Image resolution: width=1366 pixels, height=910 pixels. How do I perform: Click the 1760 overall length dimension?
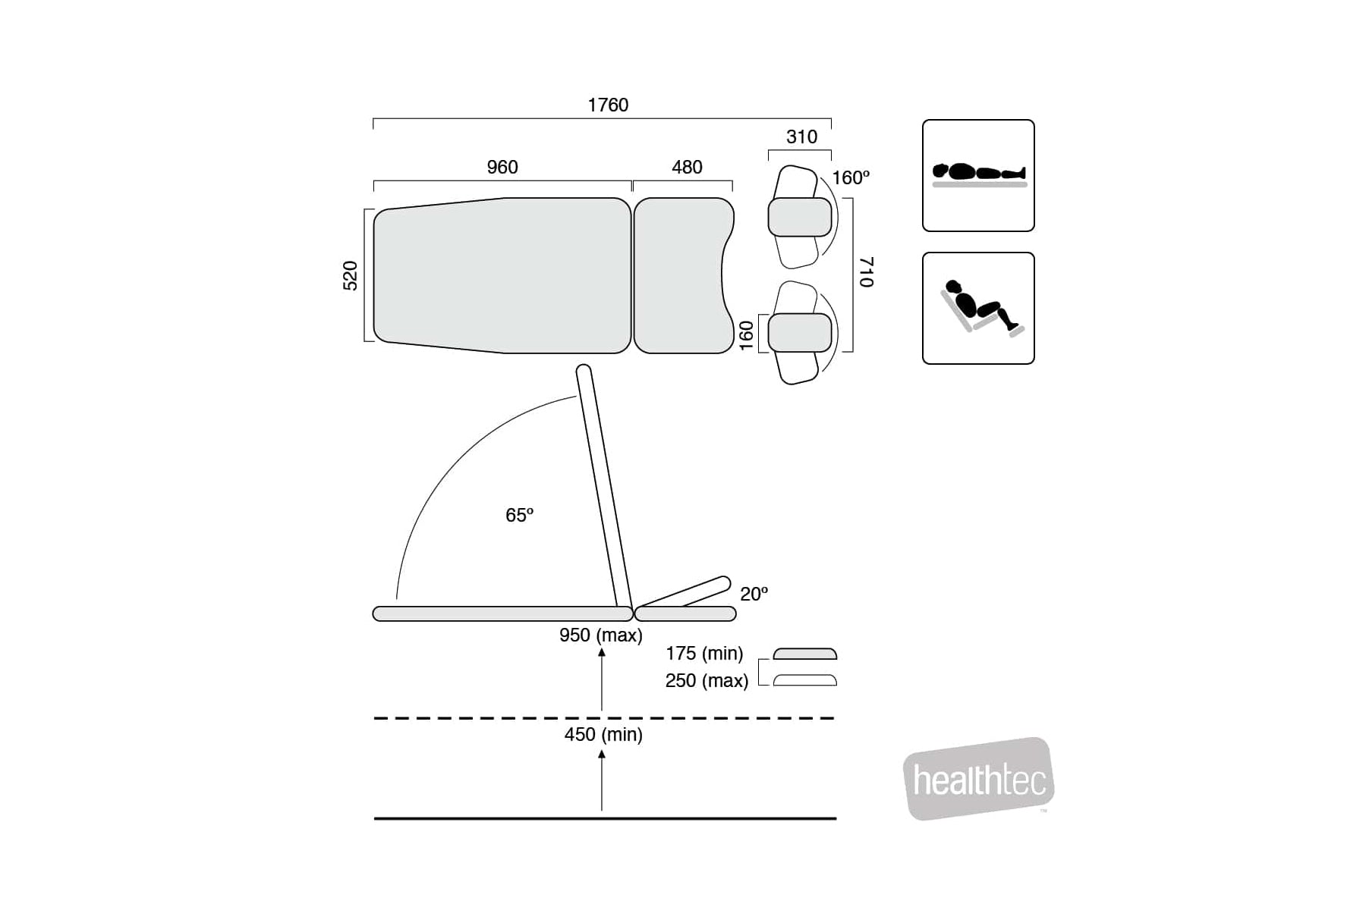(608, 105)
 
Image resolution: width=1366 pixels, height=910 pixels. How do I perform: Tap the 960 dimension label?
(502, 167)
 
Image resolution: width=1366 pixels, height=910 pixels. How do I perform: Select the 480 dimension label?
(687, 167)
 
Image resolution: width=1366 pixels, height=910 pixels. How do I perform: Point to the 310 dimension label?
(801, 136)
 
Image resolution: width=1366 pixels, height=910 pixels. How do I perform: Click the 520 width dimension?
(350, 275)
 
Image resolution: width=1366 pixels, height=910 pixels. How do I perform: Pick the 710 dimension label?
(867, 272)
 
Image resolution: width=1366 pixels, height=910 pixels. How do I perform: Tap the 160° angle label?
(851, 177)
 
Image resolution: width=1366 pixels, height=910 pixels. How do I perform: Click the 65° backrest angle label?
(520, 515)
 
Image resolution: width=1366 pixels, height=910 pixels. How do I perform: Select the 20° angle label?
(754, 594)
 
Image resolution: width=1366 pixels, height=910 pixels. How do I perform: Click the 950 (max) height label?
(601, 635)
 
